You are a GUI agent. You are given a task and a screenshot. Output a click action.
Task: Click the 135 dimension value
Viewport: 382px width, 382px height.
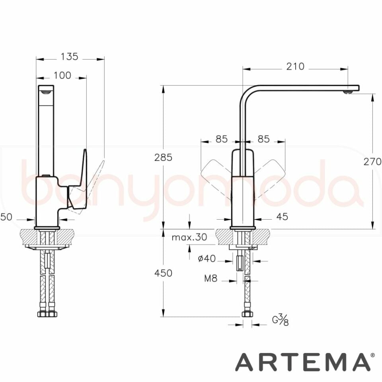[x=69, y=57]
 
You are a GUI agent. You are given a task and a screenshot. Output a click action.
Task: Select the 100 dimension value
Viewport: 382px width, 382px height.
[x=62, y=75]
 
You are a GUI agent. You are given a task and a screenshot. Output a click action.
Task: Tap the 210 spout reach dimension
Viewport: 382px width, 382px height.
[x=295, y=66]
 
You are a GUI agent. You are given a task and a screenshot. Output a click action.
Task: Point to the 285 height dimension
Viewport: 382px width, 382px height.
[x=163, y=158]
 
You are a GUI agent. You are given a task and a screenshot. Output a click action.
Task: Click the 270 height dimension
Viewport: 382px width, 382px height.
[x=372, y=162]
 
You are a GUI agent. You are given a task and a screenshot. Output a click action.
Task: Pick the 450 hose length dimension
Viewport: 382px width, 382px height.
[x=163, y=273]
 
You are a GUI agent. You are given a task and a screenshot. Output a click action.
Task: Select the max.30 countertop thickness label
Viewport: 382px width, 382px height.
[x=189, y=238]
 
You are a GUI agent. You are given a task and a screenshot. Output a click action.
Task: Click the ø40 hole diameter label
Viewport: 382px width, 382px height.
[x=207, y=259]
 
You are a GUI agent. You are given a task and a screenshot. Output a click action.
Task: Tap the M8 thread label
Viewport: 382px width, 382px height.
[x=211, y=279]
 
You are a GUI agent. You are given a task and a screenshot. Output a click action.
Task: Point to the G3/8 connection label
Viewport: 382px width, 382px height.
[x=280, y=320]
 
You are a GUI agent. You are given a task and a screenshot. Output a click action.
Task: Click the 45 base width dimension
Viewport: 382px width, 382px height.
[x=282, y=217]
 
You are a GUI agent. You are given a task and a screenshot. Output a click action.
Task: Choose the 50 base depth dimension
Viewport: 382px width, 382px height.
[x=6, y=217]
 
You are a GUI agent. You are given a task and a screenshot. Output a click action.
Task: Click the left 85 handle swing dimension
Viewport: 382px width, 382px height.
[x=221, y=139]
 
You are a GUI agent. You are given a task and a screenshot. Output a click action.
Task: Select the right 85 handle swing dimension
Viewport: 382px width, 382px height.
[x=263, y=139]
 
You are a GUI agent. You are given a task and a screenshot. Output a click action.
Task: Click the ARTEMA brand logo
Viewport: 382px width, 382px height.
[x=302, y=362]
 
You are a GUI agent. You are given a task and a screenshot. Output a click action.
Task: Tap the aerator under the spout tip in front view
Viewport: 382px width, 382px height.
[x=348, y=92]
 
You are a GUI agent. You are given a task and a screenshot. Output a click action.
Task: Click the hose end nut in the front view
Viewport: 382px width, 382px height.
[x=247, y=314]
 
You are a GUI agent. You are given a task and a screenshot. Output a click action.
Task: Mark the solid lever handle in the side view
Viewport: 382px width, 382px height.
[x=82, y=179]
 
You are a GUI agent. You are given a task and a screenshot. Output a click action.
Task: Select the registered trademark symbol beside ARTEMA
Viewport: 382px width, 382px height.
[x=372, y=355]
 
